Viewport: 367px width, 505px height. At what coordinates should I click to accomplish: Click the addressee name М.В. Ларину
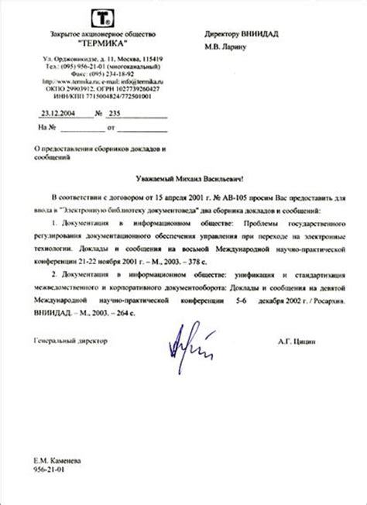point(227,47)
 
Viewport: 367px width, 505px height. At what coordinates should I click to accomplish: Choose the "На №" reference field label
point(47,126)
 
